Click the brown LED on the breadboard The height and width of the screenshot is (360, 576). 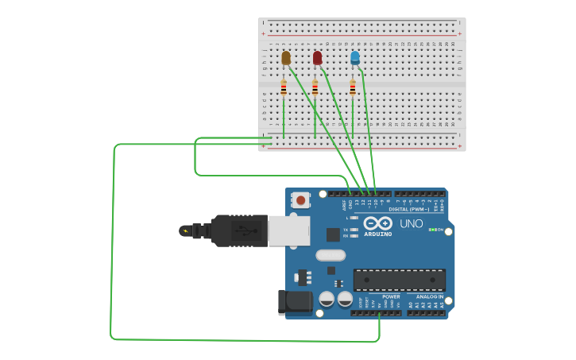286,57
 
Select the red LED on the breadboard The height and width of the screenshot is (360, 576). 317,57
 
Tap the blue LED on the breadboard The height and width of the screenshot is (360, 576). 355,57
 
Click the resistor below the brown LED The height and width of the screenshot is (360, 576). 284,87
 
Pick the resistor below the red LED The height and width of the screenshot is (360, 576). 315,87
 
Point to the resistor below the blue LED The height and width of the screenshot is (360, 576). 353,87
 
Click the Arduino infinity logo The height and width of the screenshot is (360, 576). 378,223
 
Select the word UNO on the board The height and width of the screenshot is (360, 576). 411,223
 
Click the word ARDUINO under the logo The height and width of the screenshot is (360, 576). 378,234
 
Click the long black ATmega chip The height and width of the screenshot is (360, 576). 399,280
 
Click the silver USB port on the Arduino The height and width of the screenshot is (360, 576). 288,230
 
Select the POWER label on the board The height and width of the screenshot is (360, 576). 391,296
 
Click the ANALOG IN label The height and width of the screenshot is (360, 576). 430,296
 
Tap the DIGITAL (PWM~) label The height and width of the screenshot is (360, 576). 409,209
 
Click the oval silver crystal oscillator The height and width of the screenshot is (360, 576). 331,255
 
